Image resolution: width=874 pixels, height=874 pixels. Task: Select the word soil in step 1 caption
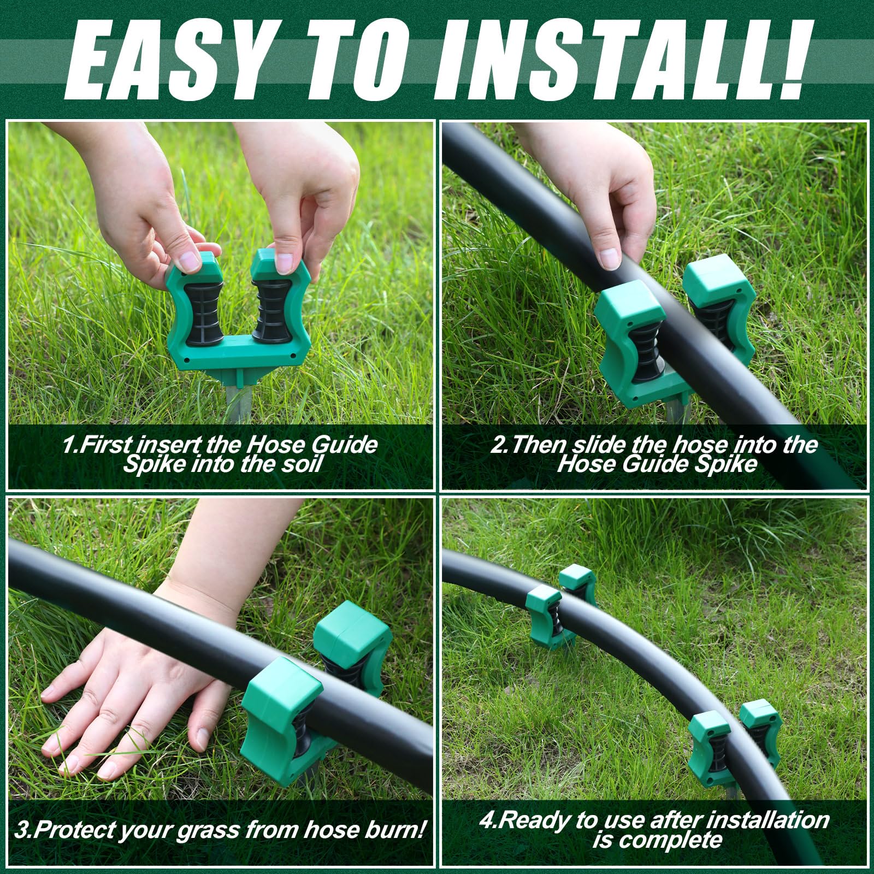pos(300,464)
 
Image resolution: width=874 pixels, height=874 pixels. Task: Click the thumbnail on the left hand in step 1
pos(191,262)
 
